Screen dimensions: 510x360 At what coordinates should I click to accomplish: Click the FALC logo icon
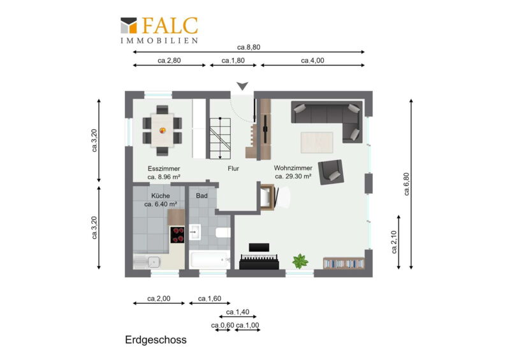pos(129,25)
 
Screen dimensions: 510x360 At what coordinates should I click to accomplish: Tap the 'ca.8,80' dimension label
pos(249,47)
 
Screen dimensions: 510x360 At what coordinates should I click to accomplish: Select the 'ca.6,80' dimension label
pos(407,184)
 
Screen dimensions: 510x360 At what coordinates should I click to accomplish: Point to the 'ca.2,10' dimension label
pos(394,242)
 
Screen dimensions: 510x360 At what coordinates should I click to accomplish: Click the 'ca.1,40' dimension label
pos(238,312)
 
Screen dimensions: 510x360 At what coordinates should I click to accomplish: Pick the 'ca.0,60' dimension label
pos(222,325)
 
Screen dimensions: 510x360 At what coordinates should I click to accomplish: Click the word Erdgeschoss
pos(156,340)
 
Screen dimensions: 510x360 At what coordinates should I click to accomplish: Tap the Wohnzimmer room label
pos(293,168)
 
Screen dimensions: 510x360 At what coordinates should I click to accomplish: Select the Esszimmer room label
pos(164,169)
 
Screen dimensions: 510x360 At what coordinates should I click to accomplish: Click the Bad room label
pos(201,196)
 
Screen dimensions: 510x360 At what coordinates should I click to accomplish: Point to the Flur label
pos(233,168)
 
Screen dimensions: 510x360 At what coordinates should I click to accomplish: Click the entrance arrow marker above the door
pos(242,86)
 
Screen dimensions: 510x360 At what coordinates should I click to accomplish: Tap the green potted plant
pos(300,261)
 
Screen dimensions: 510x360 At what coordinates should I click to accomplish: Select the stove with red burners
pos(177,235)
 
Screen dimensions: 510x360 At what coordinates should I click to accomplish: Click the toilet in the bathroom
pos(222,233)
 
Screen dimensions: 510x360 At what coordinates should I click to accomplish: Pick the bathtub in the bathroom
pos(210,259)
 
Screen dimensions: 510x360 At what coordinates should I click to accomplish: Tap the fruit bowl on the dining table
pos(163,131)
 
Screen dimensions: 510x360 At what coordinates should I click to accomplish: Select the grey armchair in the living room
pos(331,172)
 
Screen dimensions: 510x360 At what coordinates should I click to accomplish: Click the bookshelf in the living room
pos(344,263)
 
